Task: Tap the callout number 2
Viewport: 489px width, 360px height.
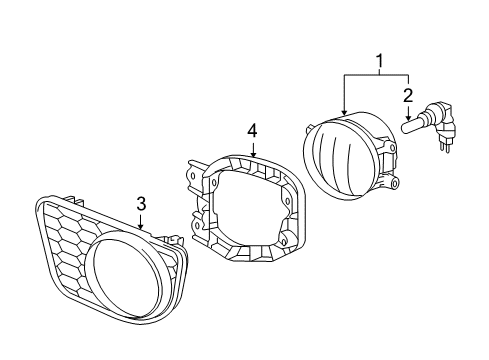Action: click(x=408, y=97)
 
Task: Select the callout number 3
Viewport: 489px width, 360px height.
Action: click(x=142, y=204)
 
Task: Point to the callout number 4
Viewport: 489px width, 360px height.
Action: click(x=253, y=130)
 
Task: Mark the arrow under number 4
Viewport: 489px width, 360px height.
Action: click(x=253, y=148)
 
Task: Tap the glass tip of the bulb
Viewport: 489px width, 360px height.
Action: click(x=410, y=127)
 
